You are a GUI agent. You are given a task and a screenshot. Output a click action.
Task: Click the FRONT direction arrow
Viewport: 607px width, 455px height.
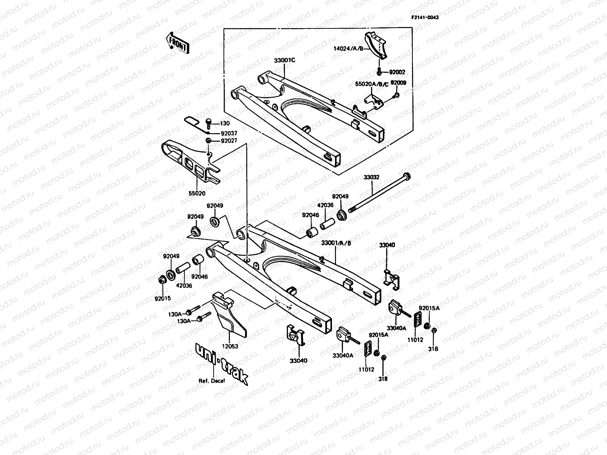click(177, 42)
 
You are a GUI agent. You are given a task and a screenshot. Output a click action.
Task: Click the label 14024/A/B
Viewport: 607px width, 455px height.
click(349, 49)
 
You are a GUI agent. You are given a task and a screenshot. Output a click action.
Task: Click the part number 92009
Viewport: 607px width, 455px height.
click(398, 82)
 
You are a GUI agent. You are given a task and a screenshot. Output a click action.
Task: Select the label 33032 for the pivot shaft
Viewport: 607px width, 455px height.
click(371, 177)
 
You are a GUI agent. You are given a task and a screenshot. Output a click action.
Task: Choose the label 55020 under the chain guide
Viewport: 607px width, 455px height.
click(197, 193)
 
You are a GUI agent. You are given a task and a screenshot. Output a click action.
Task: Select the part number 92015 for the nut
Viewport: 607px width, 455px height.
click(162, 298)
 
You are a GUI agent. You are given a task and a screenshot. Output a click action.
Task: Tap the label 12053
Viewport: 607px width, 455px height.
click(230, 346)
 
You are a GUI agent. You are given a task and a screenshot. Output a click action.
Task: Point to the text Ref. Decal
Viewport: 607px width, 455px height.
click(212, 381)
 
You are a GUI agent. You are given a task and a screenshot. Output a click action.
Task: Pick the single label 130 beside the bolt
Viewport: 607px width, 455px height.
click(225, 124)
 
